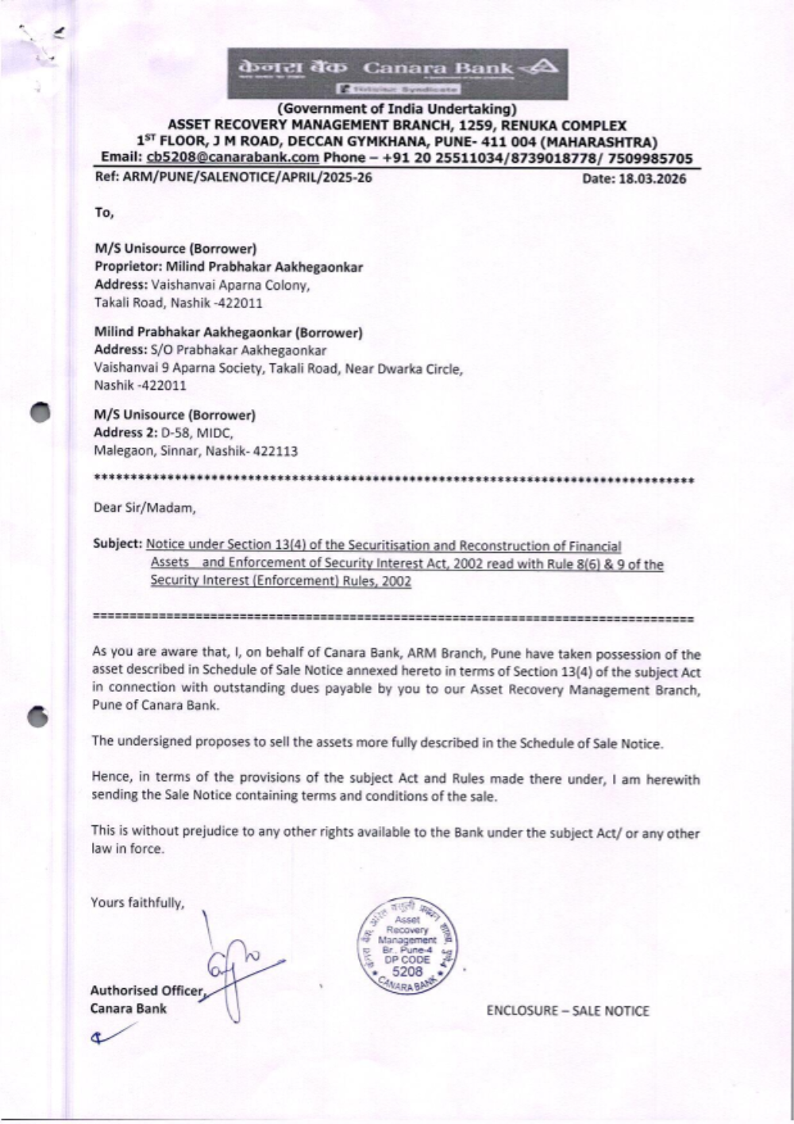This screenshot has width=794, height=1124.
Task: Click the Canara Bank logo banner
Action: tap(397, 73)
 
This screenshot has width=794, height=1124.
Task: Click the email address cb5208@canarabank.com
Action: tap(233, 158)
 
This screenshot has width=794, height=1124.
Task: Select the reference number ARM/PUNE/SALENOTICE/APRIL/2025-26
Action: tap(247, 177)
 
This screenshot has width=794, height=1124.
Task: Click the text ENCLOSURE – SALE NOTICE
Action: tap(567, 1011)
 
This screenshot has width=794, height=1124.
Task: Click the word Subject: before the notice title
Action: tap(118, 544)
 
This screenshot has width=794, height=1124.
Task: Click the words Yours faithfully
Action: tap(137, 902)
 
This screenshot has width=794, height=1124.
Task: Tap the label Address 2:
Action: tap(125, 433)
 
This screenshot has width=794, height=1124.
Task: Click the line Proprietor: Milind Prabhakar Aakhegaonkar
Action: tap(229, 267)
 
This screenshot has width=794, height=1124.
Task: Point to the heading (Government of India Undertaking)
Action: tap(396, 109)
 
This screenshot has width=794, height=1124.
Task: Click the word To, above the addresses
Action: tap(104, 213)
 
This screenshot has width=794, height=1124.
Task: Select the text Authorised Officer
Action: tap(147, 991)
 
